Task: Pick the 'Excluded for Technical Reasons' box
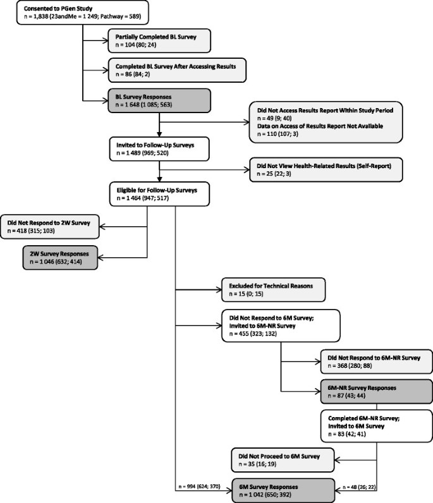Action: tap(272, 290)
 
